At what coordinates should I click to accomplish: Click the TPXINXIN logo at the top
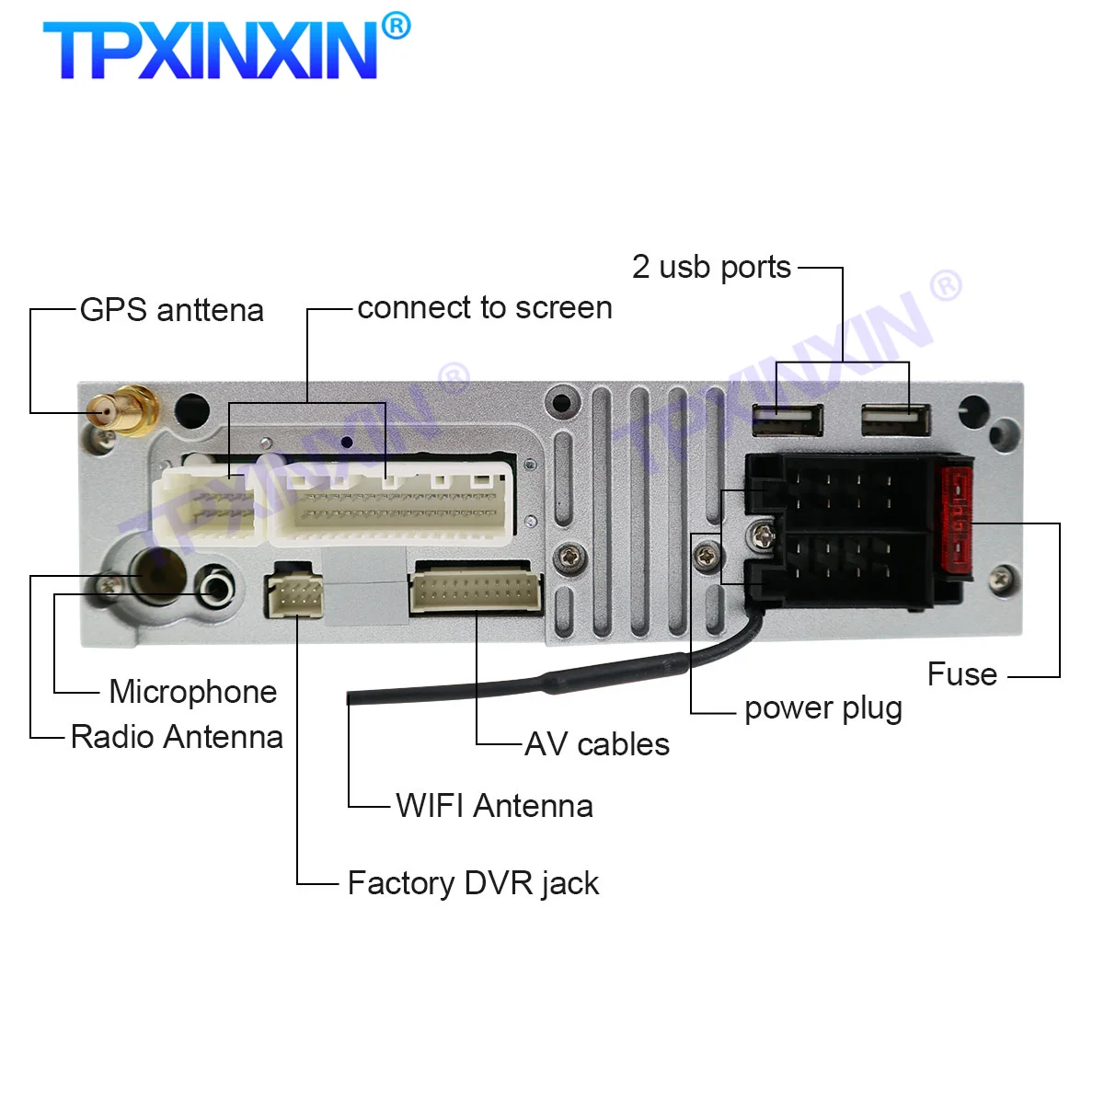[x=210, y=51]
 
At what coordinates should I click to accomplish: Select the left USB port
[x=787, y=420]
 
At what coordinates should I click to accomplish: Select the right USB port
[x=895, y=420]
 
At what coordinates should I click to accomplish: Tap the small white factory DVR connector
[x=294, y=595]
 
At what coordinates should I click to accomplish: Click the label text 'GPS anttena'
[x=172, y=310]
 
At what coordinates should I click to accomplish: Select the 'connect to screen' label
[x=485, y=307]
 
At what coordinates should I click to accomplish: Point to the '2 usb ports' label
[x=711, y=267]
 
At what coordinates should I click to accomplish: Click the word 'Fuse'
[x=961, y=674]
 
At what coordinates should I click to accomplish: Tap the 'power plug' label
[x=822, y=708]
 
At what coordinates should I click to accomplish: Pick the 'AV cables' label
[x=597, y=744]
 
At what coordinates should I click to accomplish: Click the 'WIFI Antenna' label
[x=494, y=806]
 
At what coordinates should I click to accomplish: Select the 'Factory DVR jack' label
[x=473, y=883]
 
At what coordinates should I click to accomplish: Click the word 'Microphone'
[x=192, y=692]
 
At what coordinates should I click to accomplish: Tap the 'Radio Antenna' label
[x=177, y=737]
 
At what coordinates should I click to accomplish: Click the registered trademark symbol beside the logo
[x=396, y=26]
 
